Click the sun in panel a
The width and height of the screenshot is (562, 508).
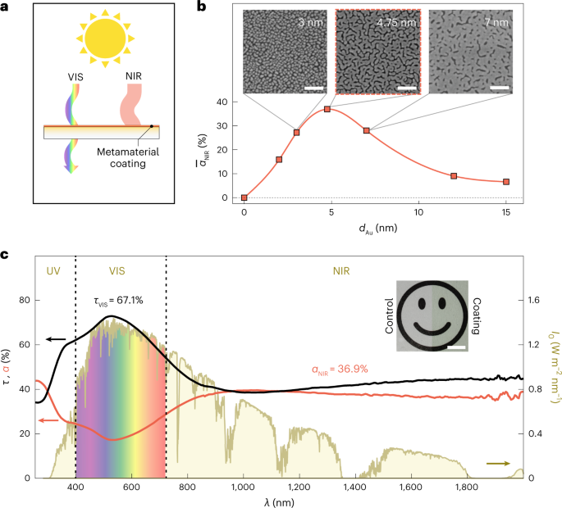point(104,37)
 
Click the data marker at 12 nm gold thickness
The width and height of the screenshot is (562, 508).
point(454,175)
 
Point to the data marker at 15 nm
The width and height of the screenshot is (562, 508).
point(506,181)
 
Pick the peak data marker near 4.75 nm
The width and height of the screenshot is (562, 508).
point(327,109)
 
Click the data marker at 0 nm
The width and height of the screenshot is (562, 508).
point(244,197)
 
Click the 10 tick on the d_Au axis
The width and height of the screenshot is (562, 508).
point(419,212)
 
